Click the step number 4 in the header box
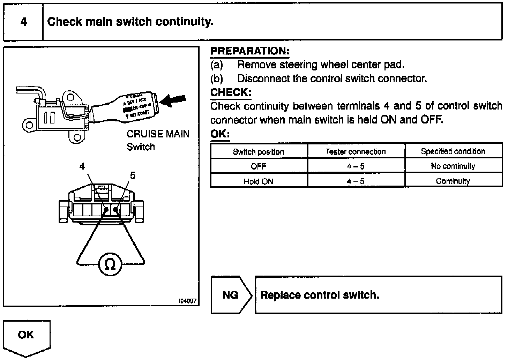[x=23, y=22]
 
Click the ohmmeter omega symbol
[x=110, y=265]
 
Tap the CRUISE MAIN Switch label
[x=158, y=140]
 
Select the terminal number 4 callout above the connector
[x=82, y=166]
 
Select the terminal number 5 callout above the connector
[x=133, y=175]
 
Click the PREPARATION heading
[x=250, y=51]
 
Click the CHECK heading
[x=231, y=92]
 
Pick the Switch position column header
[x=259, y=152]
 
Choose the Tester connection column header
[x=356, y=152]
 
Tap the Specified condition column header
[x=453, y=151]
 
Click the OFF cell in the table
[x=259, y=166]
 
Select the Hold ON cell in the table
[x=259, y=181]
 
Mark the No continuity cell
[x=453, y=166]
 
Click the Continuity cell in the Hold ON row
[x=453, y=181]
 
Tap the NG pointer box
[x=231, y=295]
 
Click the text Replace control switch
[x=320, y=295]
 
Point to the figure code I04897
[x=188, y=301]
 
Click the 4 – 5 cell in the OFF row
[x=356, y=166]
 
